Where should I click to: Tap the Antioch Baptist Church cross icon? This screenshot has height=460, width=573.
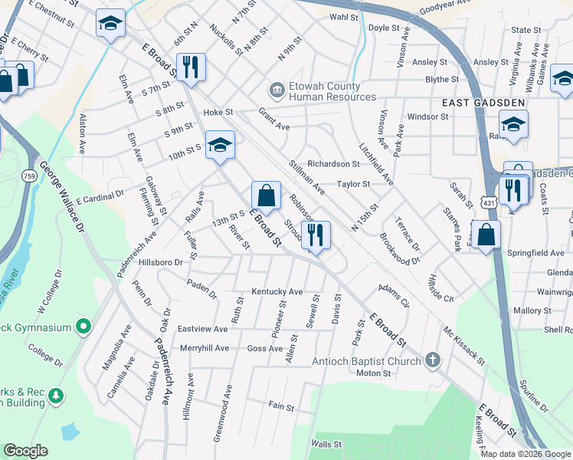(433, 360)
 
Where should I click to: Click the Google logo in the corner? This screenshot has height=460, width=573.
(25, 451)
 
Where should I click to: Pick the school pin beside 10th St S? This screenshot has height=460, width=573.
(220, 145)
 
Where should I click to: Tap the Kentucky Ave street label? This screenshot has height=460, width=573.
(278, 292)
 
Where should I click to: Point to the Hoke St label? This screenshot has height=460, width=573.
(218, 113)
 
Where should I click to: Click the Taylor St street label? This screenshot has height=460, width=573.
(355, 184)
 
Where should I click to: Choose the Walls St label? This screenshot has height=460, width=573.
(326, 444)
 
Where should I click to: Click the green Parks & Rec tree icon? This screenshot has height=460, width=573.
(55, 395)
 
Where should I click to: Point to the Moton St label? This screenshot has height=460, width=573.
(374, 373)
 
